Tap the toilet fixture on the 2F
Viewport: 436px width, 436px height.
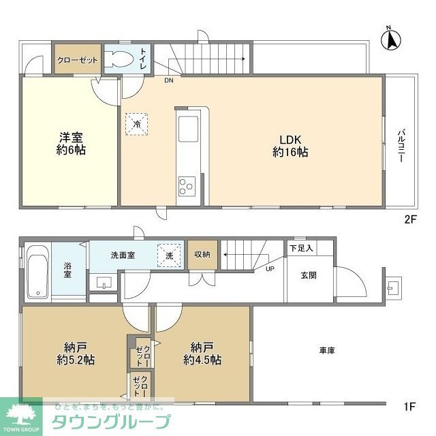point(121,59)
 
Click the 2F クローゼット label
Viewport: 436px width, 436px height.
point(77,60)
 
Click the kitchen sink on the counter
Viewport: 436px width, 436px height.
point(187,128)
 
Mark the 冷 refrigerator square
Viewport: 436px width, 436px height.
point(136,124)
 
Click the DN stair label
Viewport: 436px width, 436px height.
point(168,80)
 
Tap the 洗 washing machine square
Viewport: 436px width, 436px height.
point(169,255)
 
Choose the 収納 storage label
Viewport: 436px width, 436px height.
point(202,254)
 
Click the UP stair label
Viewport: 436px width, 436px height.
point(270,268)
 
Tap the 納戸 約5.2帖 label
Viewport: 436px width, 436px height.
point(74,352)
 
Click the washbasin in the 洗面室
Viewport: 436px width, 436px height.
point(105,282)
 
